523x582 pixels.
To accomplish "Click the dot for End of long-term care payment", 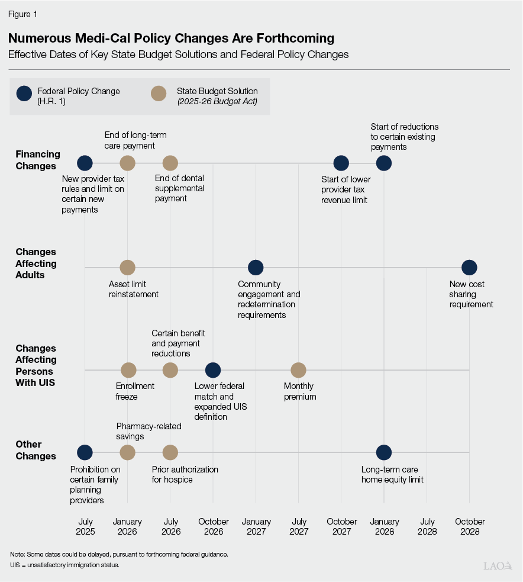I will click(x=128, y=163).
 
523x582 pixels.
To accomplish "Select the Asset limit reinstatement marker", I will click(x=128, y=268).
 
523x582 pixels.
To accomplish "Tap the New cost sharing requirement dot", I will click(x=469, y=268).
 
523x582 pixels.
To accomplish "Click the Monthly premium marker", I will click(x=299, y=370).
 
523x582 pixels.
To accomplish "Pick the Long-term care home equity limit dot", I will click(x=384, y=452).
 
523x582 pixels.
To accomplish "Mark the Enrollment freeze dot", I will click(x=128, y=370).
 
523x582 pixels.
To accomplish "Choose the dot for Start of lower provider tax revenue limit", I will click(x=341, y=163).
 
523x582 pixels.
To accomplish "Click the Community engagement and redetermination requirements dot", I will click(x=256, y=268).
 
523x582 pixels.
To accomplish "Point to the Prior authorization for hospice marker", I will click(x=170, y=452).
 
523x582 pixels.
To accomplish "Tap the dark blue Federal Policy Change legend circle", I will click(x=24, y=94).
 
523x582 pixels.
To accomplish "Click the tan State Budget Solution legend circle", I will click(x=158, y=94).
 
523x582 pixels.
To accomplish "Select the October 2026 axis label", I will click(x=213, y=526).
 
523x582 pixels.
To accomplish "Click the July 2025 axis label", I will click(x=85, y=526).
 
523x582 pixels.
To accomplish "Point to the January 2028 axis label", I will click(x=384, y=526).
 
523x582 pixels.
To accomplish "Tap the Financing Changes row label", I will click(x=38, y=160).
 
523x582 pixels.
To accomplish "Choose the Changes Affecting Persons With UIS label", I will click(x=36, y=365).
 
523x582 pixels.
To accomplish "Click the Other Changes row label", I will click(x=36, y=450).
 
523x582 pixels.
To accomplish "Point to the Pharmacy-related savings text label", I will click(x=148, y=431).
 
